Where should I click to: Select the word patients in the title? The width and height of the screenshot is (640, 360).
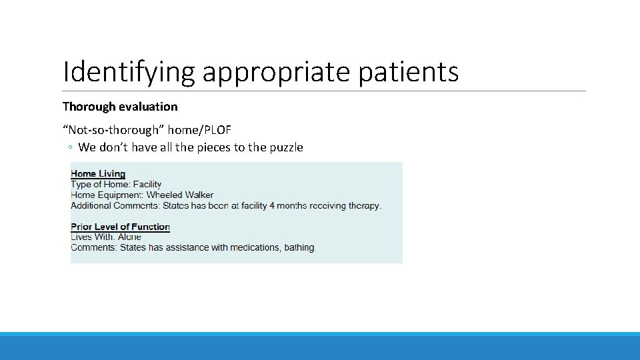tap(408, 72)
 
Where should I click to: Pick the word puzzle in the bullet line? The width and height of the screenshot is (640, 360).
tap(285, 147)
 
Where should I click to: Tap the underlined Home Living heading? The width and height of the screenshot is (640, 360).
tap(98, 174)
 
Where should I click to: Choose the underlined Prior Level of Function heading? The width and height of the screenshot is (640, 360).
tap(120, 227)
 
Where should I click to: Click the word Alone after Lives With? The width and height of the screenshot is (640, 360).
tap(130, 237)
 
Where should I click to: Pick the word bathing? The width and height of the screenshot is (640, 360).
tap(299, 247)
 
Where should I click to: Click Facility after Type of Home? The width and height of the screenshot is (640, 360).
tap(147, 185)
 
